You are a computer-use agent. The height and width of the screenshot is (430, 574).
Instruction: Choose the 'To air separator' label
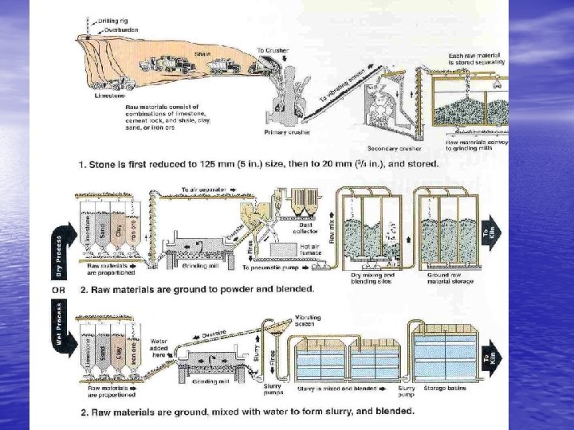(205, 190)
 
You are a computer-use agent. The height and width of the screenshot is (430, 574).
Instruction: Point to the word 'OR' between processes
(58, 290)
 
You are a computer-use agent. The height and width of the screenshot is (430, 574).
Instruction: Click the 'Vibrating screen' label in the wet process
(308, 320)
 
